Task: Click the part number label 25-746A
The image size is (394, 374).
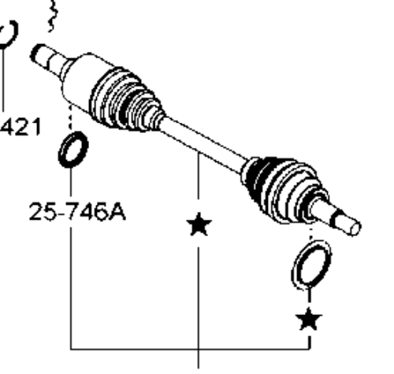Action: pos(77,212)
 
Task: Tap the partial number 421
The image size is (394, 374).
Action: pos(20,127)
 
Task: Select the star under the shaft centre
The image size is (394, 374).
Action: pos(199,224)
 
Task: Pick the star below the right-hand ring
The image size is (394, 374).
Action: pos(309,319)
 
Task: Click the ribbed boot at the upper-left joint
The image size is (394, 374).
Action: pos(126,101)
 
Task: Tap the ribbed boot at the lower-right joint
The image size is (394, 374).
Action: pos(284,189)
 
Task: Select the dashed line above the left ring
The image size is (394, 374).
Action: pos(70,117)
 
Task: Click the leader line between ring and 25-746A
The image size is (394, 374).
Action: pos(71,183)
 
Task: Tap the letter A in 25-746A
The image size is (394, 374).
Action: pos(117,212)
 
